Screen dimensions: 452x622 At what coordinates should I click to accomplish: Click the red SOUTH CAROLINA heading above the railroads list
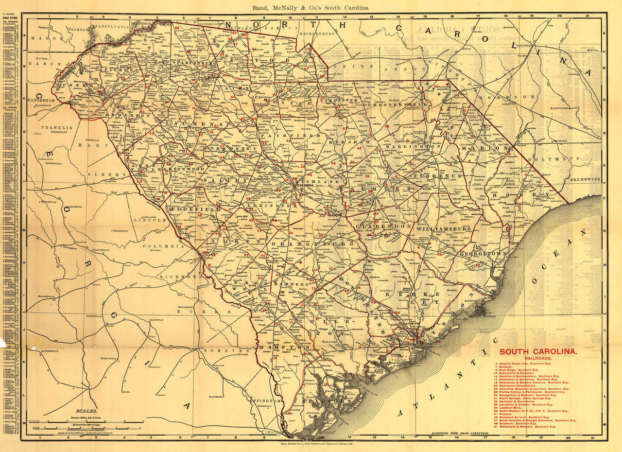tap(538, 352)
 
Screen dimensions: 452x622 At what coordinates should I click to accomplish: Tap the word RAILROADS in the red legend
tap(538, 359)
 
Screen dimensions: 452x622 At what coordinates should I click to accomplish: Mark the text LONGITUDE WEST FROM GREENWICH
tap(460, 433)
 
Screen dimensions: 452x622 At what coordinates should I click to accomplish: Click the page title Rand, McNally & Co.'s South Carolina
tap(311, 7)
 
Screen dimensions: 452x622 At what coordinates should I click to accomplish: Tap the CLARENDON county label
tap(383, 226)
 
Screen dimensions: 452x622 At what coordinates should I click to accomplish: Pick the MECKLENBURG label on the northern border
tap(318, 34)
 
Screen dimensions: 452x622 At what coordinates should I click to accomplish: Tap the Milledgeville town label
tap(51, 296)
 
